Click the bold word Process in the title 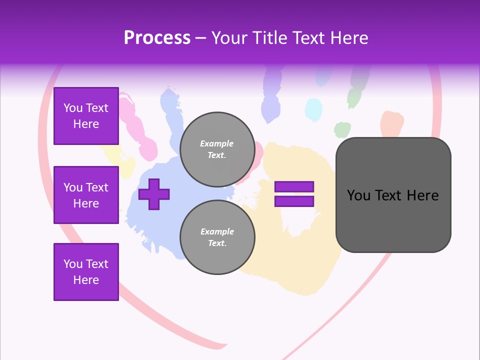pos(157,38)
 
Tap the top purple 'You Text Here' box pos(86,116)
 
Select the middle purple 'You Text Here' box pos(86,195)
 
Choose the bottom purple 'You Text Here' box pos(86,272)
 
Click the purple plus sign pos(154,194)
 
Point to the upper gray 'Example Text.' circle pos(217,149)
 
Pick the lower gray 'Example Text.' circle pos(217,237)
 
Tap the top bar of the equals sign pos(294,187)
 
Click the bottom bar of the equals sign pos(294,201)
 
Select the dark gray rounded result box pos(393,195)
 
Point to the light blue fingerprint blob pos(313,108)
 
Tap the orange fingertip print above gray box pos(392,123)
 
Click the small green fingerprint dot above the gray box pos(342,129)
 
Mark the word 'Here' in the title pos(350,38)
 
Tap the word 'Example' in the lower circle pos(217,231)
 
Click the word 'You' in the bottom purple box pos(73,264)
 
